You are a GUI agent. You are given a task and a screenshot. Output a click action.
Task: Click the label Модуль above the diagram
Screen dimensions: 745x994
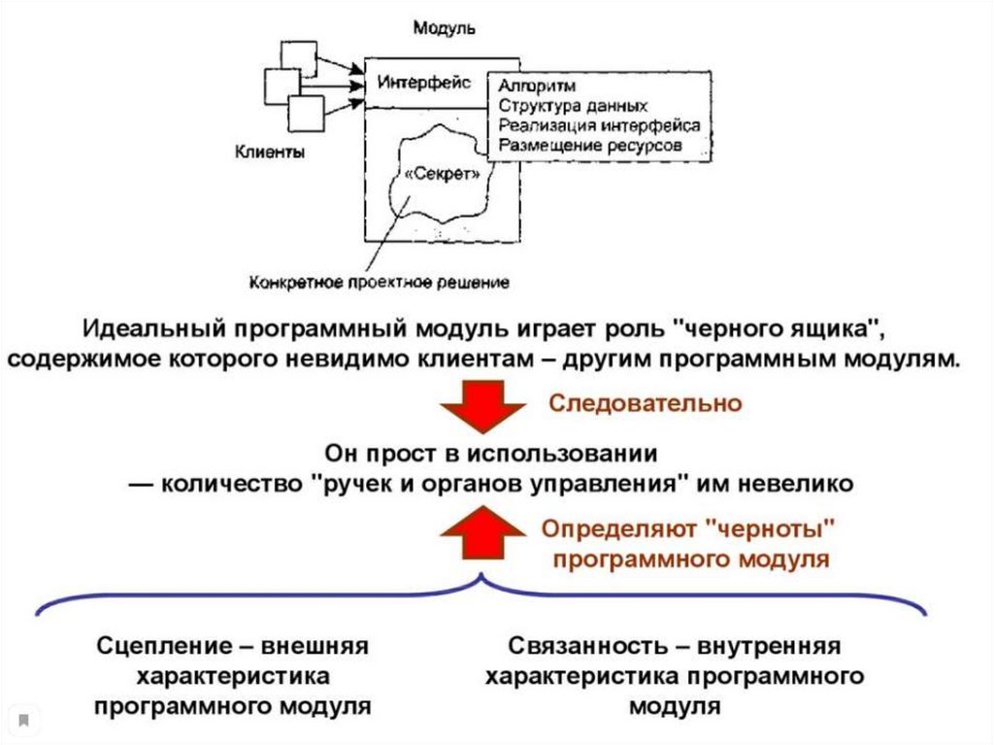tap(445, 27)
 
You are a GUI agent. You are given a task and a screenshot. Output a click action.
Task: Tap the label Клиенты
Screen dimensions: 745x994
tap(270, 152)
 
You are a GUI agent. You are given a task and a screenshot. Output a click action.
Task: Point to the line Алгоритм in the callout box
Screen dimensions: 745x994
tap(537, 86)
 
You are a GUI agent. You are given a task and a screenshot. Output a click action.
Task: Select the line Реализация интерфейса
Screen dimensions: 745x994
tap(599, 125)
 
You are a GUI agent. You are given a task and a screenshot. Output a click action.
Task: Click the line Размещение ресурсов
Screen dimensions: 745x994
tap(590, 146)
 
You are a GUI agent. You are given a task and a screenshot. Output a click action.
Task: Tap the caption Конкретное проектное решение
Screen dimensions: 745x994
tap(381, 284)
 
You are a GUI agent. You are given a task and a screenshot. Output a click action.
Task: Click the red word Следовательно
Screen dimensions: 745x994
tap(646, 402)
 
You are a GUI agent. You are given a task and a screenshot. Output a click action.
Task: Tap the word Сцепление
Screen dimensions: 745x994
tap(159, 646)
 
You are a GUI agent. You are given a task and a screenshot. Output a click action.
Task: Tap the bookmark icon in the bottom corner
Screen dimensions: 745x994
tap(24, 721)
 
